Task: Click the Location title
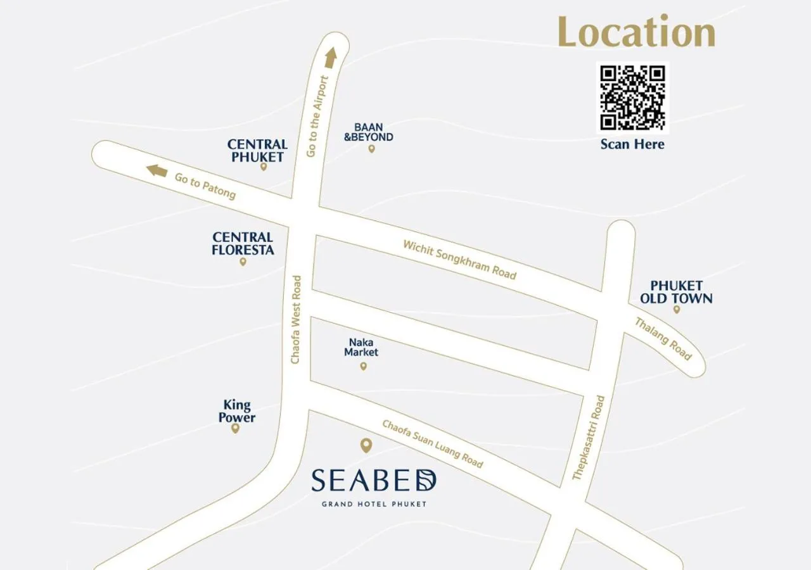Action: (636, 32)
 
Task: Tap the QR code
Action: (632, 98)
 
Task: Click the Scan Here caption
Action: (632, 144)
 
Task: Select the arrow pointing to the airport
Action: (330, 58)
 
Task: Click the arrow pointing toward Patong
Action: (156, 170)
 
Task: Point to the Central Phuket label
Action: (257, 151)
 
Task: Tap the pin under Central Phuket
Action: (264, 167)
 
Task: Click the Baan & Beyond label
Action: (369, 132)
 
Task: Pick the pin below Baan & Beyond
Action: (372, 149)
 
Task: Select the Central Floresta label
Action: (243, 243)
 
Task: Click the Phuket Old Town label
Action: (676, 292)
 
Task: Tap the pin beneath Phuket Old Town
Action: (677, 310)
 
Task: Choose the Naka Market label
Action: (361, 347)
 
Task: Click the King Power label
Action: (237, 411)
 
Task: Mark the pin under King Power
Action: (235, 428)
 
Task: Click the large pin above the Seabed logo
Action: (366, 446)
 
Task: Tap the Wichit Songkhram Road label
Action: (460, 259)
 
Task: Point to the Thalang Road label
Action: (663, 339)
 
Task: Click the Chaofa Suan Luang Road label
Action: (432, 443)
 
